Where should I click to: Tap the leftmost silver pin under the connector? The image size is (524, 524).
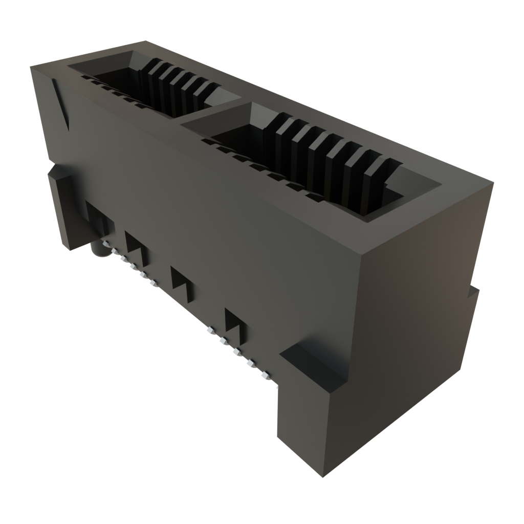click(x=106, y=244)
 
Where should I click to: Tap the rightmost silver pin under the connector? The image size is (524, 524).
click(x=265, y=376)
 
